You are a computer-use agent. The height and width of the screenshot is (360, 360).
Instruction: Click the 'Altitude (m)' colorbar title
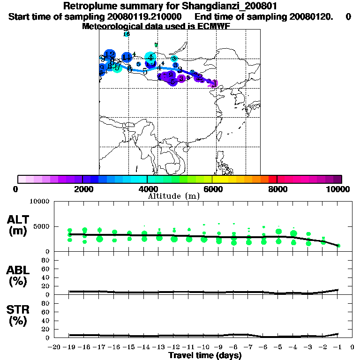(173, 195)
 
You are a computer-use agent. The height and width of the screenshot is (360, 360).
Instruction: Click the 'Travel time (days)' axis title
(205, 355)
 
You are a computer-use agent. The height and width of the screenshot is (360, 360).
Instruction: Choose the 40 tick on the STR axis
(46, 321)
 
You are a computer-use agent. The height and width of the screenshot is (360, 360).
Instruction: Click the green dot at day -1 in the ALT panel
(338, 246)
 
